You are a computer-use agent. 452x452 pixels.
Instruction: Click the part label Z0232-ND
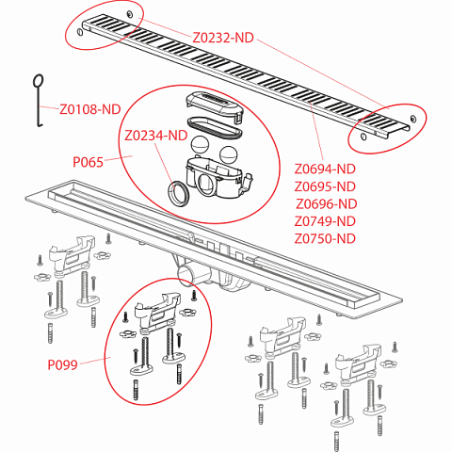point(223,38)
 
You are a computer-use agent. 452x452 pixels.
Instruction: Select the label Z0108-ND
point(90,109)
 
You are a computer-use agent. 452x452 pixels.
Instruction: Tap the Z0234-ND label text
point(156,136)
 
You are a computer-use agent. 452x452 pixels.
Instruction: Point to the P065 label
point(88,162)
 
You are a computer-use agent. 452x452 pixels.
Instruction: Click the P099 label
point(62,364)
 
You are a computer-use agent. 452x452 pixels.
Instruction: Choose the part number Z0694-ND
point(325,169)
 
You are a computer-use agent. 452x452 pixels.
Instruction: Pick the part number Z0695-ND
point(325,186)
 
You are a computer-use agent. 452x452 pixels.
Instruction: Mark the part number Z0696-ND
point(327,204)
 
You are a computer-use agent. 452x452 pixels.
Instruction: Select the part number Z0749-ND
point(325,221)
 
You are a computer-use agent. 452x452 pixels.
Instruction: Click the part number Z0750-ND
point(325,239)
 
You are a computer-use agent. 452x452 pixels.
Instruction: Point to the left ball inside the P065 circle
point(200,145)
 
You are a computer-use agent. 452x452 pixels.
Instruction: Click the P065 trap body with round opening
point(217,178)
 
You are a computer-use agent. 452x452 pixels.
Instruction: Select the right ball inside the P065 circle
point(229,155)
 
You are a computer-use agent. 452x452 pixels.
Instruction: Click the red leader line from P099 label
point(95,361)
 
